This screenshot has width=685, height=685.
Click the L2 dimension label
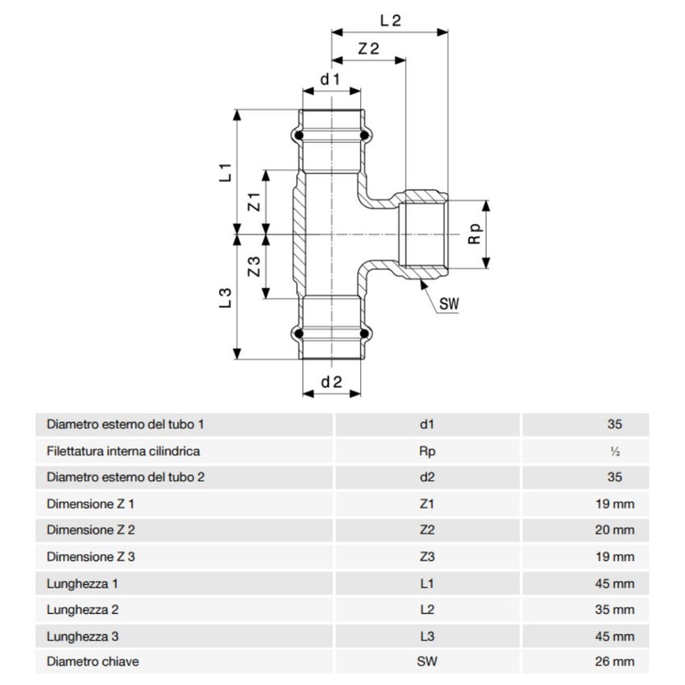[390, 21]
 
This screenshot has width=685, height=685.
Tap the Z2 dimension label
[368, 48]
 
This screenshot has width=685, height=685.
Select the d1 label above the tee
[330, 80]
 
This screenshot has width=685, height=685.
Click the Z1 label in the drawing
[254, 201]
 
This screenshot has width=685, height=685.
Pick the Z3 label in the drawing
[254, 267]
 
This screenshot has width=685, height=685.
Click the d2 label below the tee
[331, 383]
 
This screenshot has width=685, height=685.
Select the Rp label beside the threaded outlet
[475, 234]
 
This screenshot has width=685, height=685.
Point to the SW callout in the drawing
[449, 304]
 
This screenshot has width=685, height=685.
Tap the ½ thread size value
[616, 451]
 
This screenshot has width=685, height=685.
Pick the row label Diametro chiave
[93, 662]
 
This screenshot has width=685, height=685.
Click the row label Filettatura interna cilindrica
[123, 451]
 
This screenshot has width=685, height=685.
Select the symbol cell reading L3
[428, 636]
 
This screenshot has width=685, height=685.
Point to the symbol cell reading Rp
[428, 451]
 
